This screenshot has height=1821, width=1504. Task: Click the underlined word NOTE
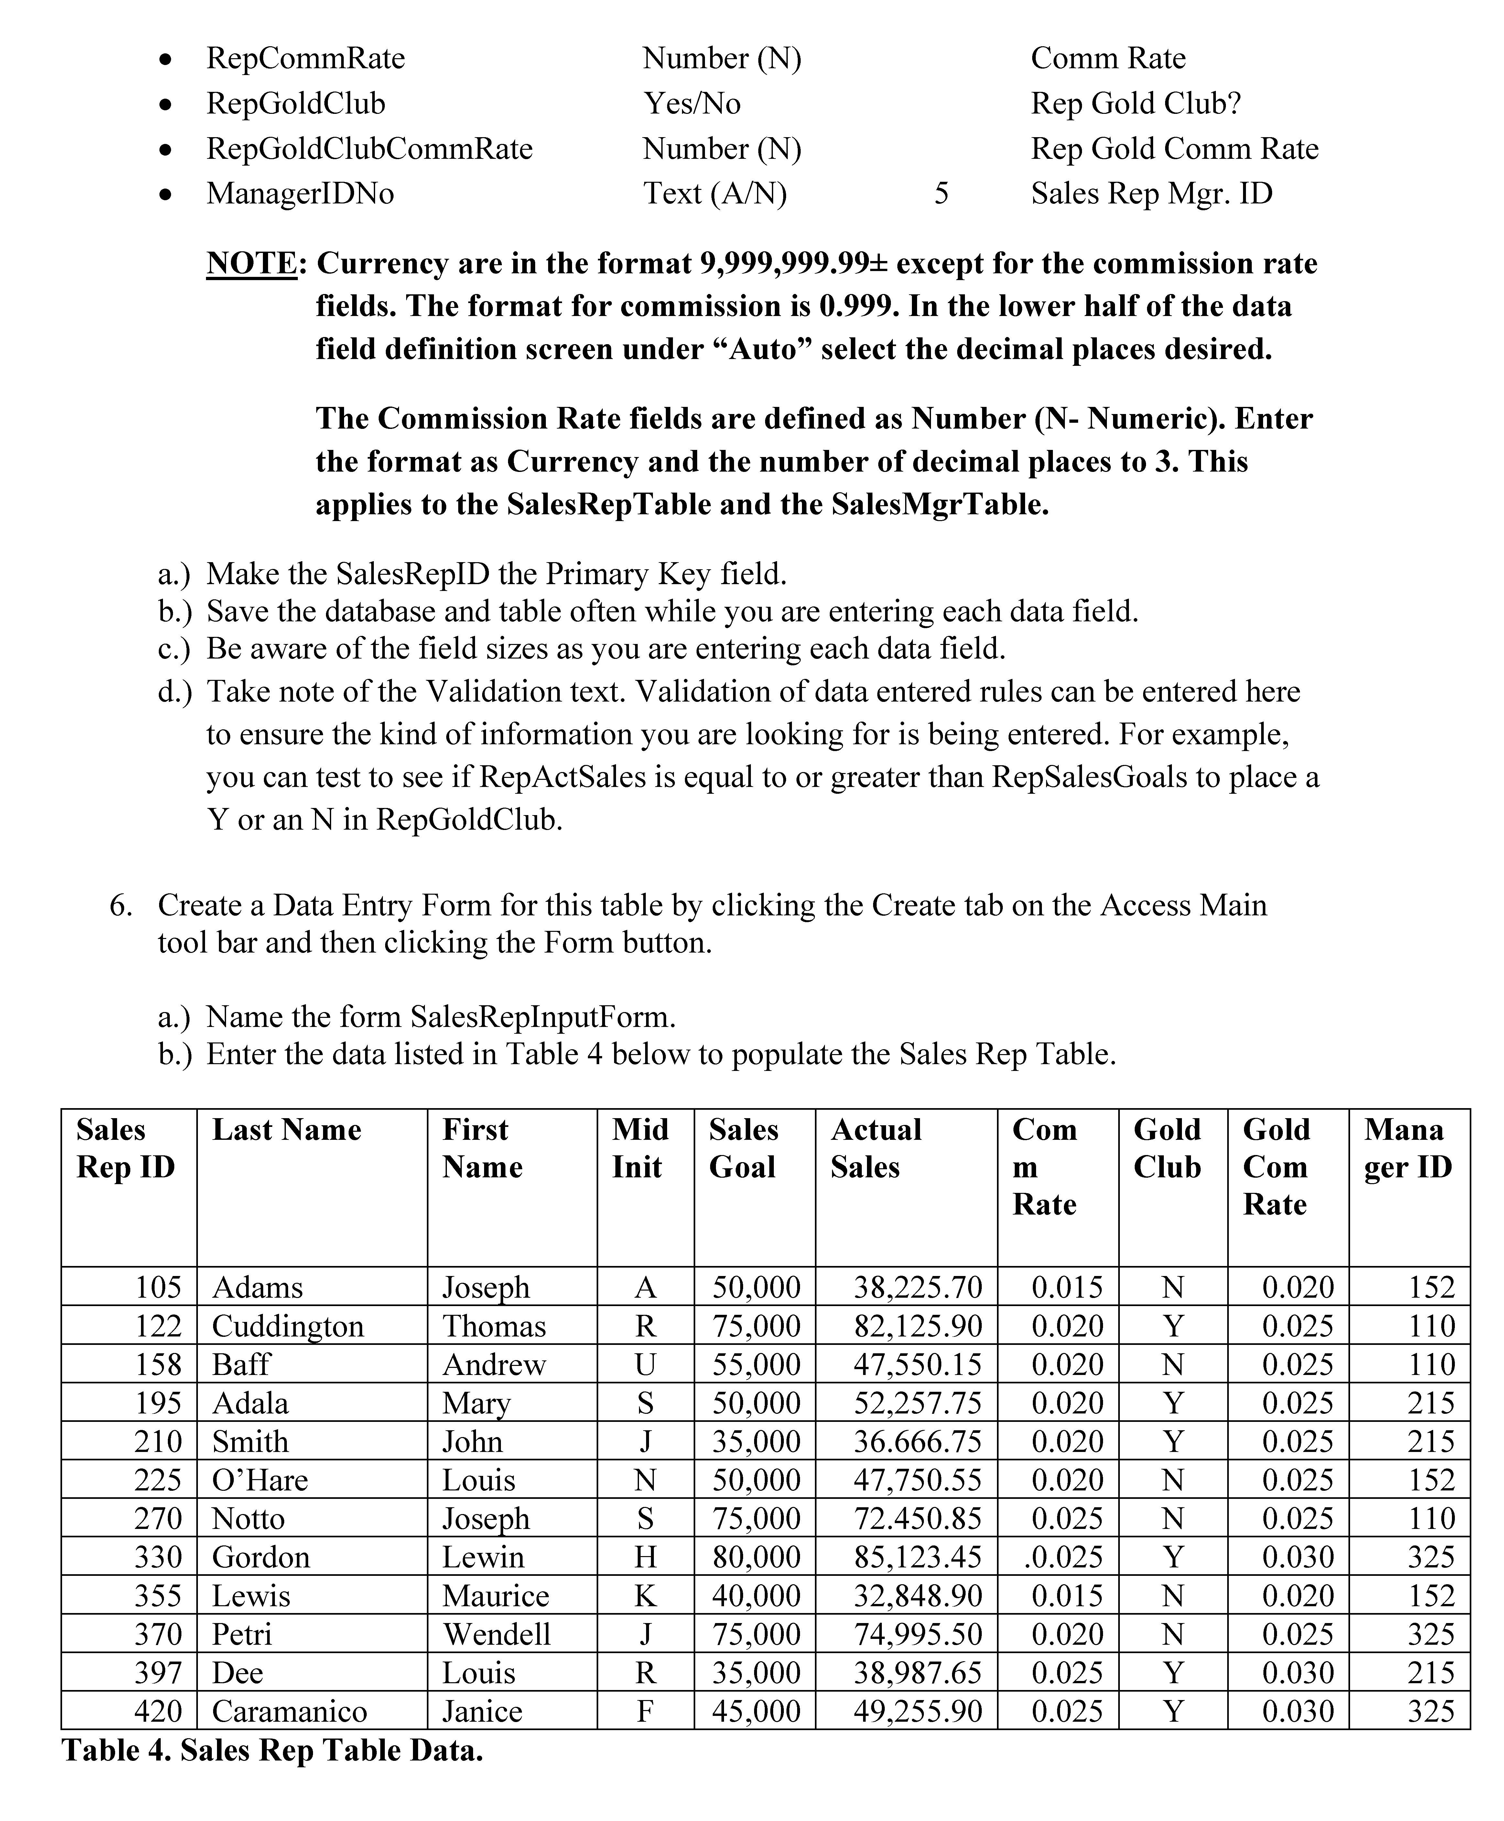point(251,263)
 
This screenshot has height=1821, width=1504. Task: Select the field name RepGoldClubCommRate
point(369,149)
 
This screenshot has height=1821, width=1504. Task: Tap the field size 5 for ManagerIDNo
point(941,193)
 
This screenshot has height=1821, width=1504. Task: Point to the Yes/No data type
point(691,104)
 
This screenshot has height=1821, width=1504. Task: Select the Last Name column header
point(287,1130)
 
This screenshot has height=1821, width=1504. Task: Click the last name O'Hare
point(260,1480)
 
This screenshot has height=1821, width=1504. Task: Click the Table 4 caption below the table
point(272,1751)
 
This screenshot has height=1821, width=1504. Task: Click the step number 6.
point(120,905)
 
